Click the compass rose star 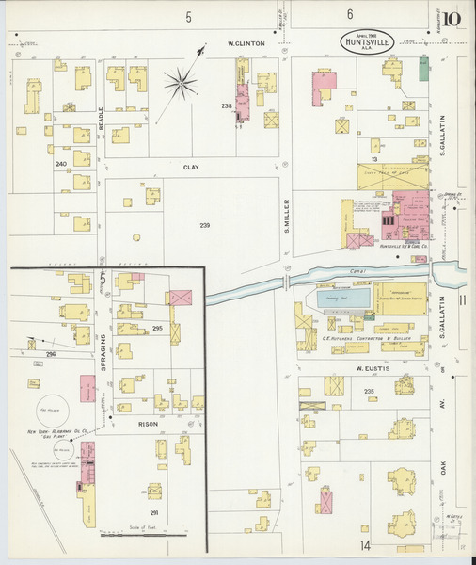point(181,86)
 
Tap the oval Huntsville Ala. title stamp point(368,42)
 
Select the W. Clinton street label point(246,43)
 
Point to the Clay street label point(191,167)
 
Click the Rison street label point(149,424)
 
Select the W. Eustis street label point(372,368)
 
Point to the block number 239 point(205,225)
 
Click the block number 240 point(62,165)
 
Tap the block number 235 point(369,391)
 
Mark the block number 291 point(154,512)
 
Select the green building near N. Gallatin point(424,68)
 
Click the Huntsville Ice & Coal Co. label point(404,247)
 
